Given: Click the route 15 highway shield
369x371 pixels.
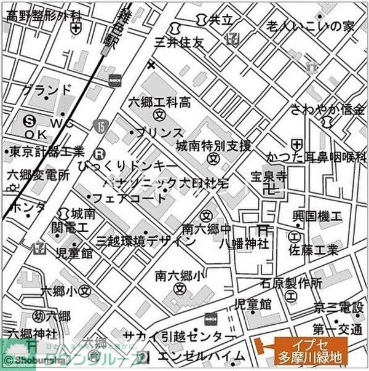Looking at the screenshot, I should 100,126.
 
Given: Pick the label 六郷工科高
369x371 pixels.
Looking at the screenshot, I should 159,102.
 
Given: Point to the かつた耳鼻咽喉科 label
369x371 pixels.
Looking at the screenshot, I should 316,157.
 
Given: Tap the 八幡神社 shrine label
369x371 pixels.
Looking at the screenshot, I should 245,243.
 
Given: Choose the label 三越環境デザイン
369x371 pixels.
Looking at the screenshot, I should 138,240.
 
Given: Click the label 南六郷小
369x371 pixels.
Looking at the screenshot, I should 179,276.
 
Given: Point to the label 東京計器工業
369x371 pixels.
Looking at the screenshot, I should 47,151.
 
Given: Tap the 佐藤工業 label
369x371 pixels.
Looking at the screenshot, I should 314,250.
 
